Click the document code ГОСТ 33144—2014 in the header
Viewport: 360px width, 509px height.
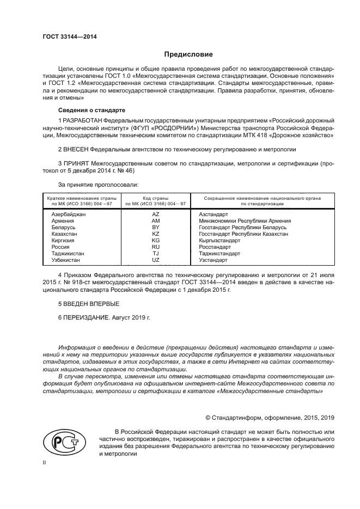click(x=66, y=37)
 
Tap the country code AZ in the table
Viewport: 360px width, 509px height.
click(x=156, y=214)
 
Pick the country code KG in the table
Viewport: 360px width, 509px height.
click(x=156, y=240)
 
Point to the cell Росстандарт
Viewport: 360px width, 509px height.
click(x=215, y=247)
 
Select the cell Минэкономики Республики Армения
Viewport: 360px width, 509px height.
click(x=245, y=221)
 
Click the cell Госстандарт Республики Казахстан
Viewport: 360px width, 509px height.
click(x=243, y=234)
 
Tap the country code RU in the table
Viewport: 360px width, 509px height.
click(x=156, y=247)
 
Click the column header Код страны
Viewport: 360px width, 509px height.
click(x=156, y=199)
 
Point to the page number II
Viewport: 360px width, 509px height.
click(x=45, y=462)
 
